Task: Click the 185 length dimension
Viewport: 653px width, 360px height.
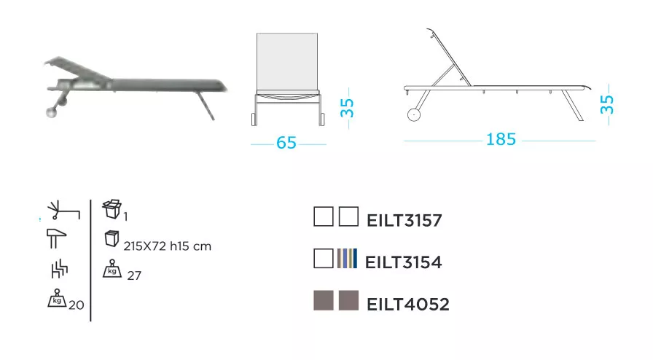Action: (501, 139)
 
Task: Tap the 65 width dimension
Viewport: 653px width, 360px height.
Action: (286, 143)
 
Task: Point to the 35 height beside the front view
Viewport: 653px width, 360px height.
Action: (347, 108)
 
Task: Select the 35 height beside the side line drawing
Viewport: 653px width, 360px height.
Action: (607, 105)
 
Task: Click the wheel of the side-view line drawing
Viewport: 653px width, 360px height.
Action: (413, 114)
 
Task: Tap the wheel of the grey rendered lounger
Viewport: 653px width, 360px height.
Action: (52, 112)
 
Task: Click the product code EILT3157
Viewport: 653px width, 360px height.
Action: (404, 220)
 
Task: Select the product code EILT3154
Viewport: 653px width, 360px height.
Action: (403, 262)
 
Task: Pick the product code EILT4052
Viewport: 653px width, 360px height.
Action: (408, 304)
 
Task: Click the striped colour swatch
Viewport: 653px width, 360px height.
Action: (348, 258)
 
